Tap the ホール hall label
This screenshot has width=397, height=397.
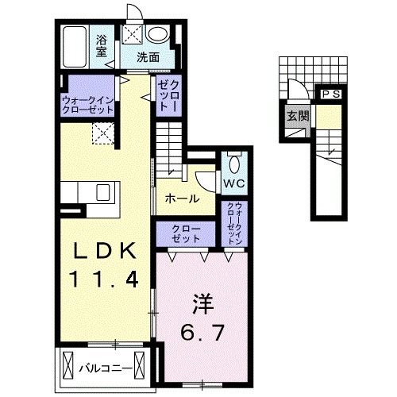182,199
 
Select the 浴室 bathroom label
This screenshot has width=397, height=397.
102,45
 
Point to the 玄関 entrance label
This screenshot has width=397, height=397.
294,118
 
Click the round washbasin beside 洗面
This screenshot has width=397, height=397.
158,35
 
